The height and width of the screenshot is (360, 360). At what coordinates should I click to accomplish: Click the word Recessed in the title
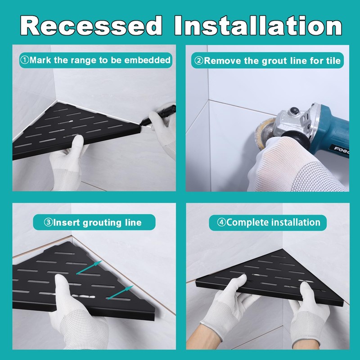(x=91, y=25)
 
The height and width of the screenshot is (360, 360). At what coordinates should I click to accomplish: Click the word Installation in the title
(x=258, y=25)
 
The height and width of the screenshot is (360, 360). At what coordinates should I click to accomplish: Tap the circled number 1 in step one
(x=25, y=60)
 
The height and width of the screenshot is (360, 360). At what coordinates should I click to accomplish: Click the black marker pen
(x=158, y=115)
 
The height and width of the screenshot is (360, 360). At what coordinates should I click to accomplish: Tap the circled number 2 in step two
(x=199, y=61)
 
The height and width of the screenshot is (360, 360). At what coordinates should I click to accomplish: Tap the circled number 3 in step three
(x=48, y=222)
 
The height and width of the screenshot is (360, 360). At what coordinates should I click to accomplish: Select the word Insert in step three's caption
(x=67, y=222)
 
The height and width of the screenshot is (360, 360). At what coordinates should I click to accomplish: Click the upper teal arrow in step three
(x=89, y=267)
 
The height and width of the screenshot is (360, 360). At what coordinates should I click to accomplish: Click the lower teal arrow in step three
(x=120, y=292)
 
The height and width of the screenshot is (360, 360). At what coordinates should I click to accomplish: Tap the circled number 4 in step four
(x=221, y=222)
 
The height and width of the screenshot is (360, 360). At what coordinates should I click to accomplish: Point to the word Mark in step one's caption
(x=40, y=60)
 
